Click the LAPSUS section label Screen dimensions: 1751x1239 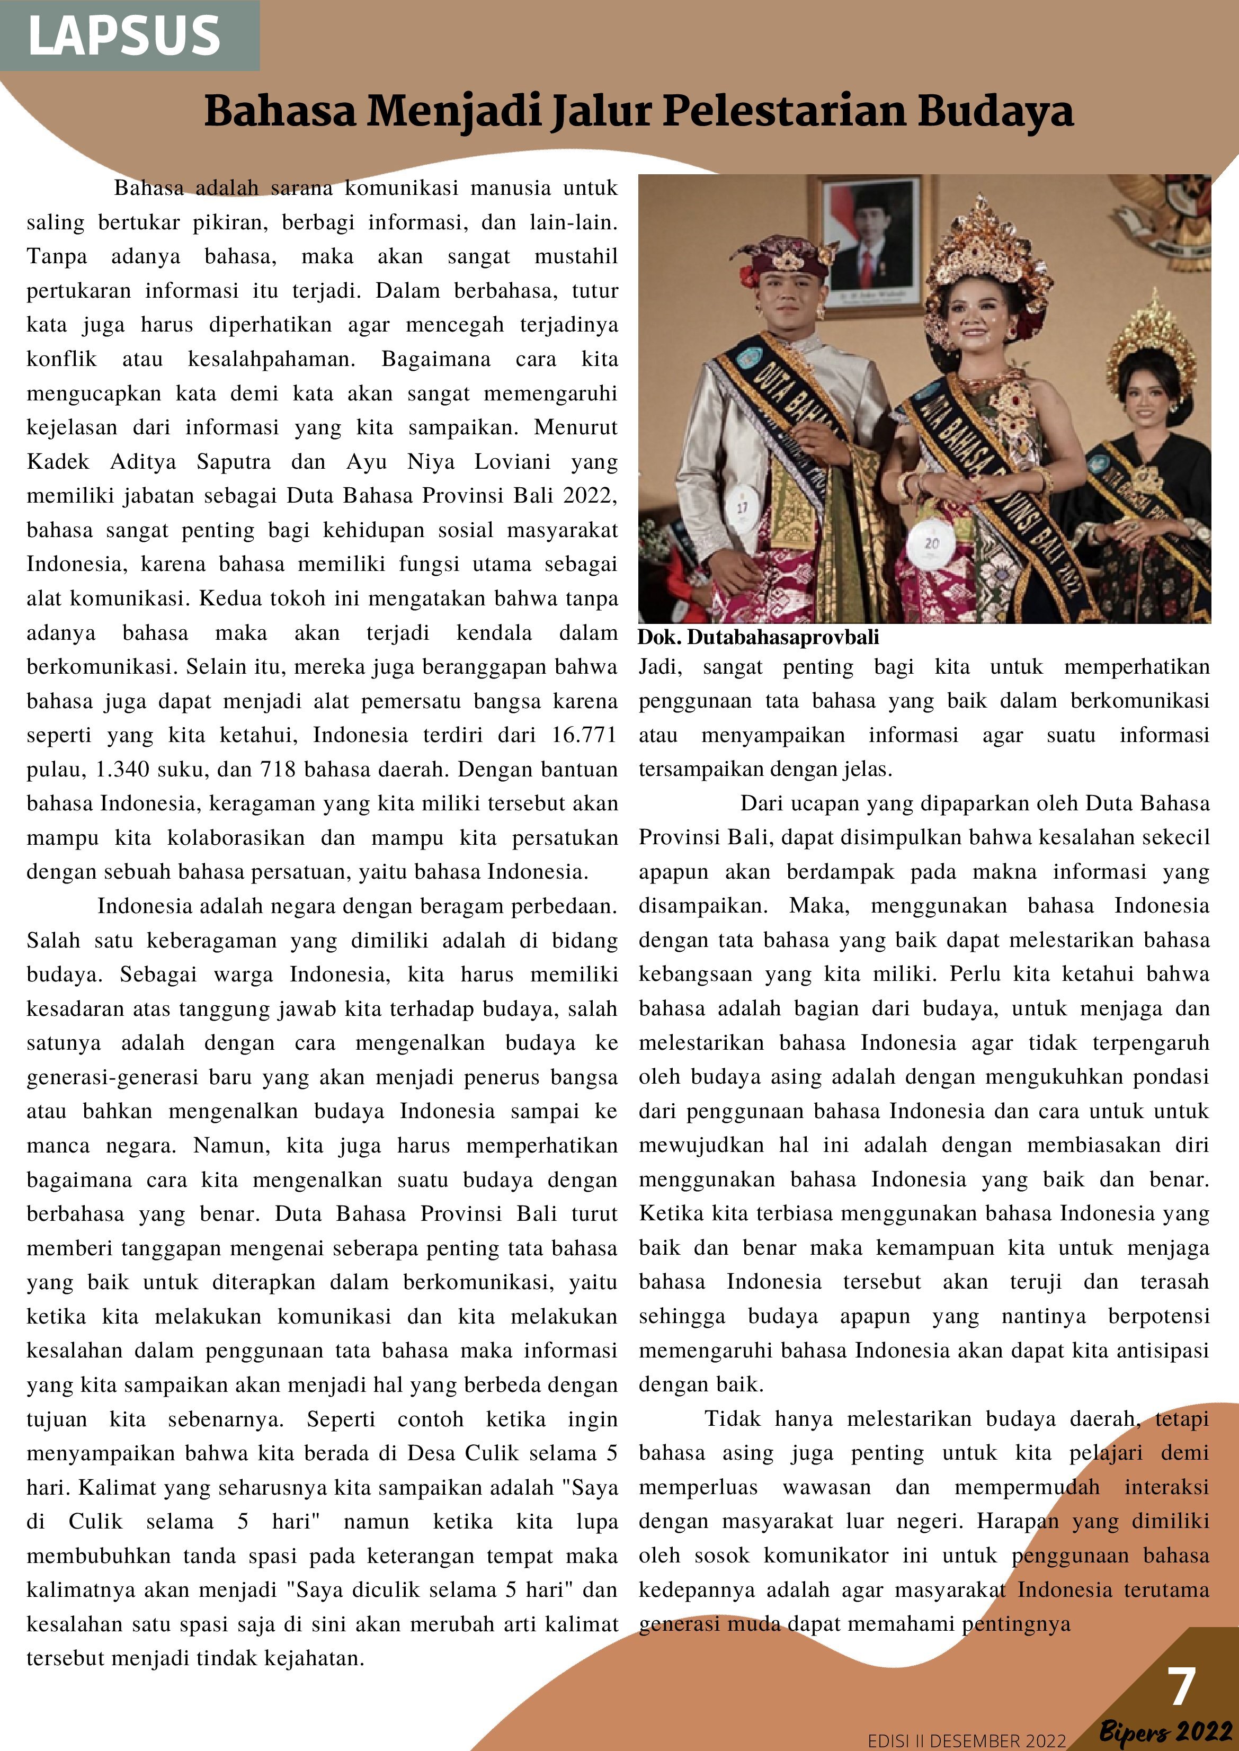[124, 36]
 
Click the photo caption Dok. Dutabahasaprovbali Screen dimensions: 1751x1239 [759, 638]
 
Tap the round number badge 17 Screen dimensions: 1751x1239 [742, 507]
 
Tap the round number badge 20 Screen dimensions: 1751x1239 [932, 543]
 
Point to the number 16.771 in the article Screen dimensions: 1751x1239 [584, 736]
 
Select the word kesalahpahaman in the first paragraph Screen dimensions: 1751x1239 [272, 359]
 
